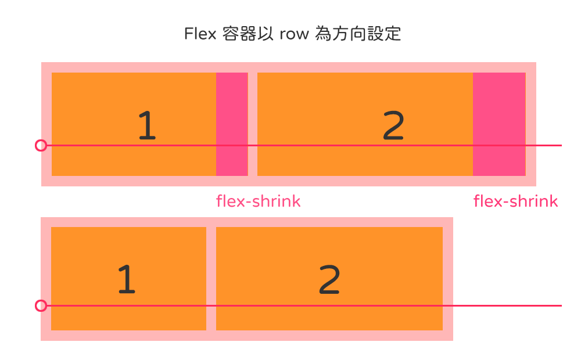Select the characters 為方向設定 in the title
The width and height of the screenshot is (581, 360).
[x=357, y=34]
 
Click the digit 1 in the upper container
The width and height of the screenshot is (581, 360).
[x=147, y=126]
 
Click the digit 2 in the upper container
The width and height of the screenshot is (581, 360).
[x=393, y=126]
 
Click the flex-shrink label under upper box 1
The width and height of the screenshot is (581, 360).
[x=258, y=201]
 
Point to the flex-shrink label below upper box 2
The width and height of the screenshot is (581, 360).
[x=515, y=201]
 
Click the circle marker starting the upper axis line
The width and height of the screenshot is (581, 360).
[x=41, y=145]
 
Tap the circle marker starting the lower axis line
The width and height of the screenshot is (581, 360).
[x=41, y=305]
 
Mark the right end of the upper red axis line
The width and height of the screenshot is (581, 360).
[x=560, y=145]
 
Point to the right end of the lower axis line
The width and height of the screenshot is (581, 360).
[x=560, y=305]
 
